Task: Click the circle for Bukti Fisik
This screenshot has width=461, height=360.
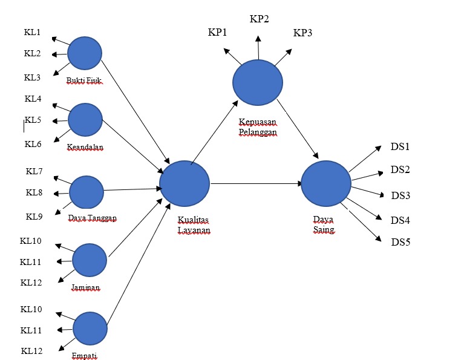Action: point(85,53)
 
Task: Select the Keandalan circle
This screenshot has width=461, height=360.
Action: point(85,120)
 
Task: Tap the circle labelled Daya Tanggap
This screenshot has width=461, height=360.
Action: point(87,192)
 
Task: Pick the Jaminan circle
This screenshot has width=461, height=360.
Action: point(90,261)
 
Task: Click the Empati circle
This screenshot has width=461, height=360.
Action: point(90,329)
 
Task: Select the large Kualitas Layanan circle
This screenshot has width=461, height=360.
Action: point(185,183)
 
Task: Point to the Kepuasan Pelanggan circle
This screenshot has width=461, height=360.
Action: point(258,83)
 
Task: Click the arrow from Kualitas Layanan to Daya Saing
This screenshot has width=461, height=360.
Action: point(257,183)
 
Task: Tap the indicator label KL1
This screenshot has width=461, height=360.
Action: point(32,32)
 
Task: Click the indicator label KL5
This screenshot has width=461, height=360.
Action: point(33,120)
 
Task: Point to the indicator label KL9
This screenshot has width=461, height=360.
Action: point(34,216)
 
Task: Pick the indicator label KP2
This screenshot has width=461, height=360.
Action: point(260,19)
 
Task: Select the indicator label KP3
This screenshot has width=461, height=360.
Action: point(302,33)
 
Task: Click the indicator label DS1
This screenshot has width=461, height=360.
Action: point(401,147)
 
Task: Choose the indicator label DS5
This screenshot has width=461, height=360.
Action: point(401,243)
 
